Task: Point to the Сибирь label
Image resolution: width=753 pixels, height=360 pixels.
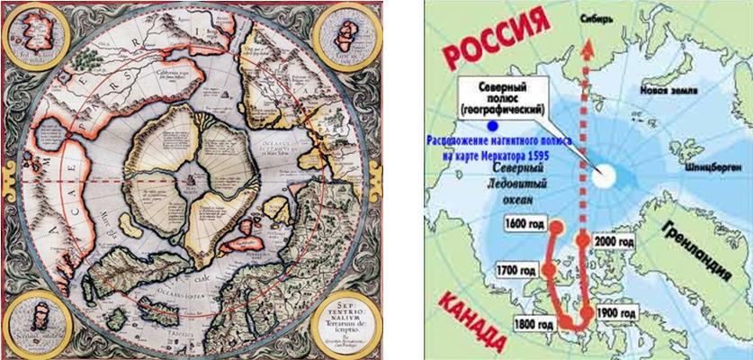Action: [599, 15]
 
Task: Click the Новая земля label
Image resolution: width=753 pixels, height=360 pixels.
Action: [663, 91]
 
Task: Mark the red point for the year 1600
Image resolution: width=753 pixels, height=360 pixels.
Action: [556, 228]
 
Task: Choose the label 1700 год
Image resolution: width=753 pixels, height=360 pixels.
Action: [515, 270]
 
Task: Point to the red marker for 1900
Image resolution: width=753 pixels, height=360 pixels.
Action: [587, 312]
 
